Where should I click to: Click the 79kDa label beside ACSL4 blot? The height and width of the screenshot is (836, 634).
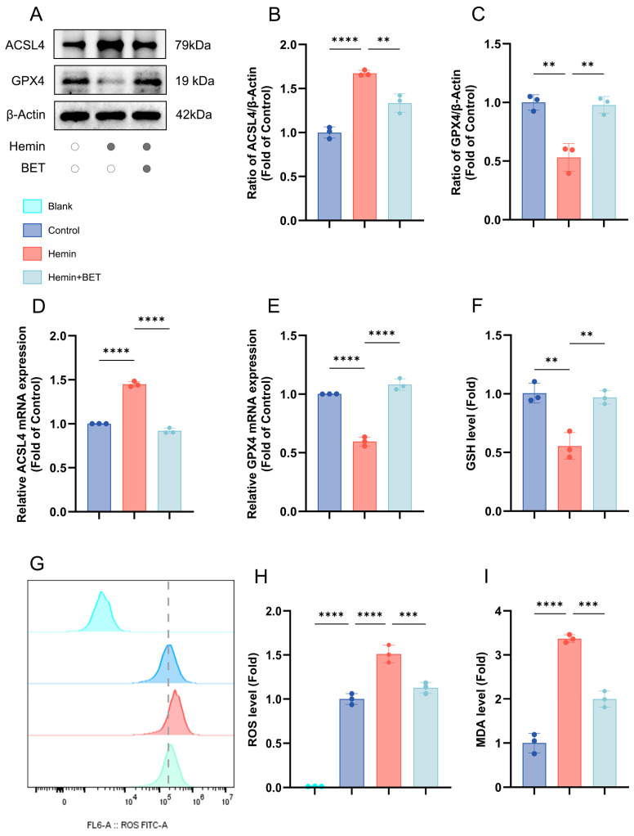(x=193, y=45)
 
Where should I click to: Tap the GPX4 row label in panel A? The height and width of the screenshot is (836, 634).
(x=28, y=81)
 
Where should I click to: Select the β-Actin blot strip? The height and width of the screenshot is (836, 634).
(x=110, y=115)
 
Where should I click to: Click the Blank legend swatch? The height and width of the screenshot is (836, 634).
(x=33, y=206)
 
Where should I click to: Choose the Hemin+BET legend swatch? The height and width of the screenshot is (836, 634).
(x=33, y=277)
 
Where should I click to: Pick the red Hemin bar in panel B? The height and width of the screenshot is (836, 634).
(x=364, y=146)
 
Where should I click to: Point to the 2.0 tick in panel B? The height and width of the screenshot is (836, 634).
(x=289, y=45)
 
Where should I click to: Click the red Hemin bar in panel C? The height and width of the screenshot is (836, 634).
(x=569, y=189)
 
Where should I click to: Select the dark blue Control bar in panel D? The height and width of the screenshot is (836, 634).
(x=99, y=468)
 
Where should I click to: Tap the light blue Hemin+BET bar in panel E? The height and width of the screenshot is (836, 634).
(x=400, y=448)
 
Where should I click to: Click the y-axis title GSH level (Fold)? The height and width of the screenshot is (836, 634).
(x=471, y=424)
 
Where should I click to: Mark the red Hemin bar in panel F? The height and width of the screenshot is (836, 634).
(x=569, y=479)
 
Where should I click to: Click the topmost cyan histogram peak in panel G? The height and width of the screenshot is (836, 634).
(x=100, y=592)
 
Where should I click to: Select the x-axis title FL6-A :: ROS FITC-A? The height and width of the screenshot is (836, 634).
(x=127, y=825)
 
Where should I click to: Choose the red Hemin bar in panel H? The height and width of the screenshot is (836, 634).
(x=389, y=721)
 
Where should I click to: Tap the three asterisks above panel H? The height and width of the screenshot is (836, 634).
(x=409, y=615)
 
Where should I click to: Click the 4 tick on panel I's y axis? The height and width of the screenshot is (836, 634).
(x=498, y=611)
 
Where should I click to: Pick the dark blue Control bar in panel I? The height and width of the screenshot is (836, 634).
(x=534, y=765)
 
